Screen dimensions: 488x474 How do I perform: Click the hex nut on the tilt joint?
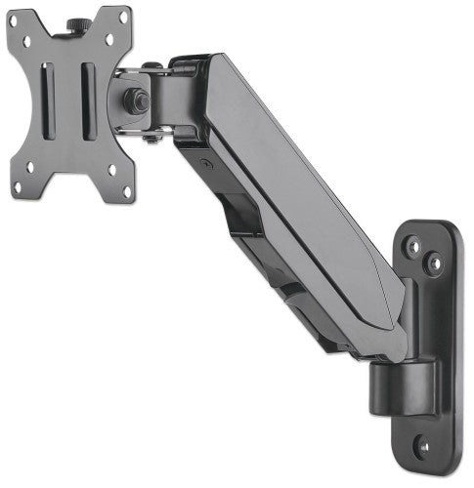tap(136, 100)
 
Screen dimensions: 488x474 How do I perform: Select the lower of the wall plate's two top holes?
tap(428, 261)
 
